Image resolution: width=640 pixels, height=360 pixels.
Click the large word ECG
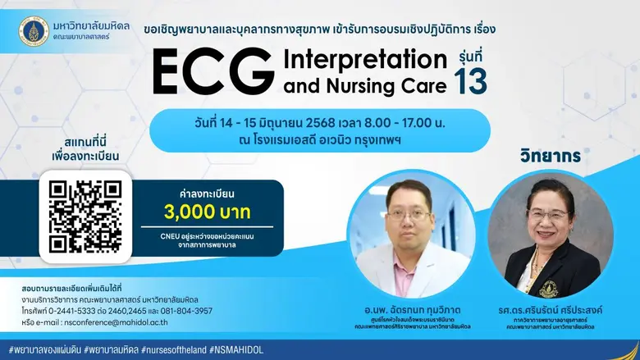pos(213,72)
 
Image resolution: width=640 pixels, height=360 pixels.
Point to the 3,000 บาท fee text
pos(208,213)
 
